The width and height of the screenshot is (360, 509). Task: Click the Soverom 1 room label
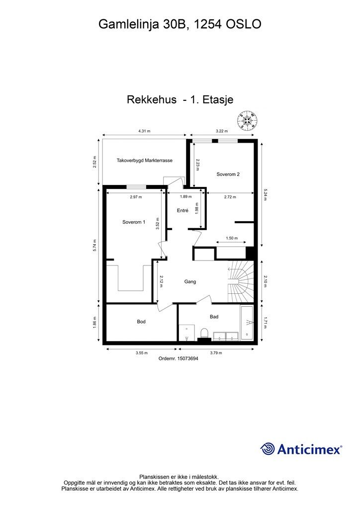[134, 222]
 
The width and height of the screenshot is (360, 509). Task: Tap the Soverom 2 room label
[228, 174]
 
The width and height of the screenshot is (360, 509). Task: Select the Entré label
[182, 211]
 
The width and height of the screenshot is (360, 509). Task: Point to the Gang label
[190, 281]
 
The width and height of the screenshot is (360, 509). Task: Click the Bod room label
[141, 322]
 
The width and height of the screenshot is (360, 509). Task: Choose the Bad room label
[214, 316]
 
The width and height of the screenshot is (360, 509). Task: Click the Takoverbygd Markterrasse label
[144, 161]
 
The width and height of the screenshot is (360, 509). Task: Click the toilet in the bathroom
[204, 333]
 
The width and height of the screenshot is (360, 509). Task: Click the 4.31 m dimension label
[144, 131]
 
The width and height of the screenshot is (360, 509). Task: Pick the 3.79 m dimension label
[216, 353]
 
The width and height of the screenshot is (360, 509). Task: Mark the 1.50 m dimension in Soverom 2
[232, 238]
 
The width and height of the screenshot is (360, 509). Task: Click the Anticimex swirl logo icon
[268, 449]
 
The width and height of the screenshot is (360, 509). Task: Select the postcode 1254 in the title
[207, 24]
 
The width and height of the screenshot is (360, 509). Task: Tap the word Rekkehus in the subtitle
[152, 100]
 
